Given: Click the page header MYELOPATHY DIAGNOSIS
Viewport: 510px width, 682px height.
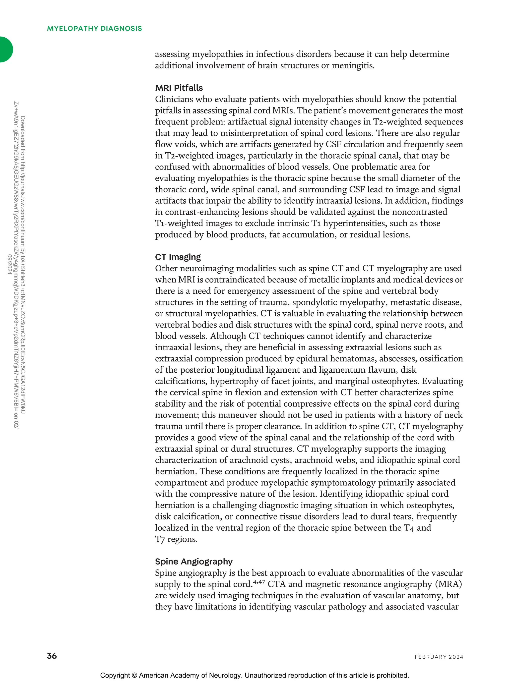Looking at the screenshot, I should [94, 28].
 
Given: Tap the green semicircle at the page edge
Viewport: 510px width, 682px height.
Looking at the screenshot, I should [5, 49].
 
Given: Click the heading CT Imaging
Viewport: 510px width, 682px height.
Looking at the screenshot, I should [178, 257].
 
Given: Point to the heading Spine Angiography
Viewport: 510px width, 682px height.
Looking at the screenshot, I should [194, 562].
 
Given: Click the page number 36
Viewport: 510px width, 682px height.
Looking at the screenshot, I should [52, 655].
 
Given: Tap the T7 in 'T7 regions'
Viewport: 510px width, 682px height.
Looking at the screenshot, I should [160, 539].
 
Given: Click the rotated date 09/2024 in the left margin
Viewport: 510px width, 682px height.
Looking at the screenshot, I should [9, 264].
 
